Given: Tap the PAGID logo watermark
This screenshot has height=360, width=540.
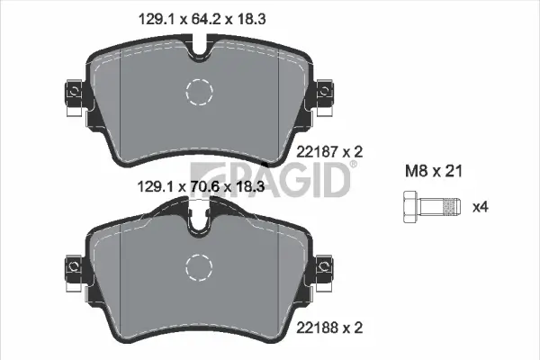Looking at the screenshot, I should click(x=271, y=181).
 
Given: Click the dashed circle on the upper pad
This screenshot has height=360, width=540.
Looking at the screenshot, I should click(x=199, y=90).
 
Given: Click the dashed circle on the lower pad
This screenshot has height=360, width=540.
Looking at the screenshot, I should click(x=199, y=266).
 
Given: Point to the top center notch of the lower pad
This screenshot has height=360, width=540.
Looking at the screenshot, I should click(x=199, y=220).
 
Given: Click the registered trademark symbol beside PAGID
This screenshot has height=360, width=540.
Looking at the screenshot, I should click(x=353, y=165).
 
